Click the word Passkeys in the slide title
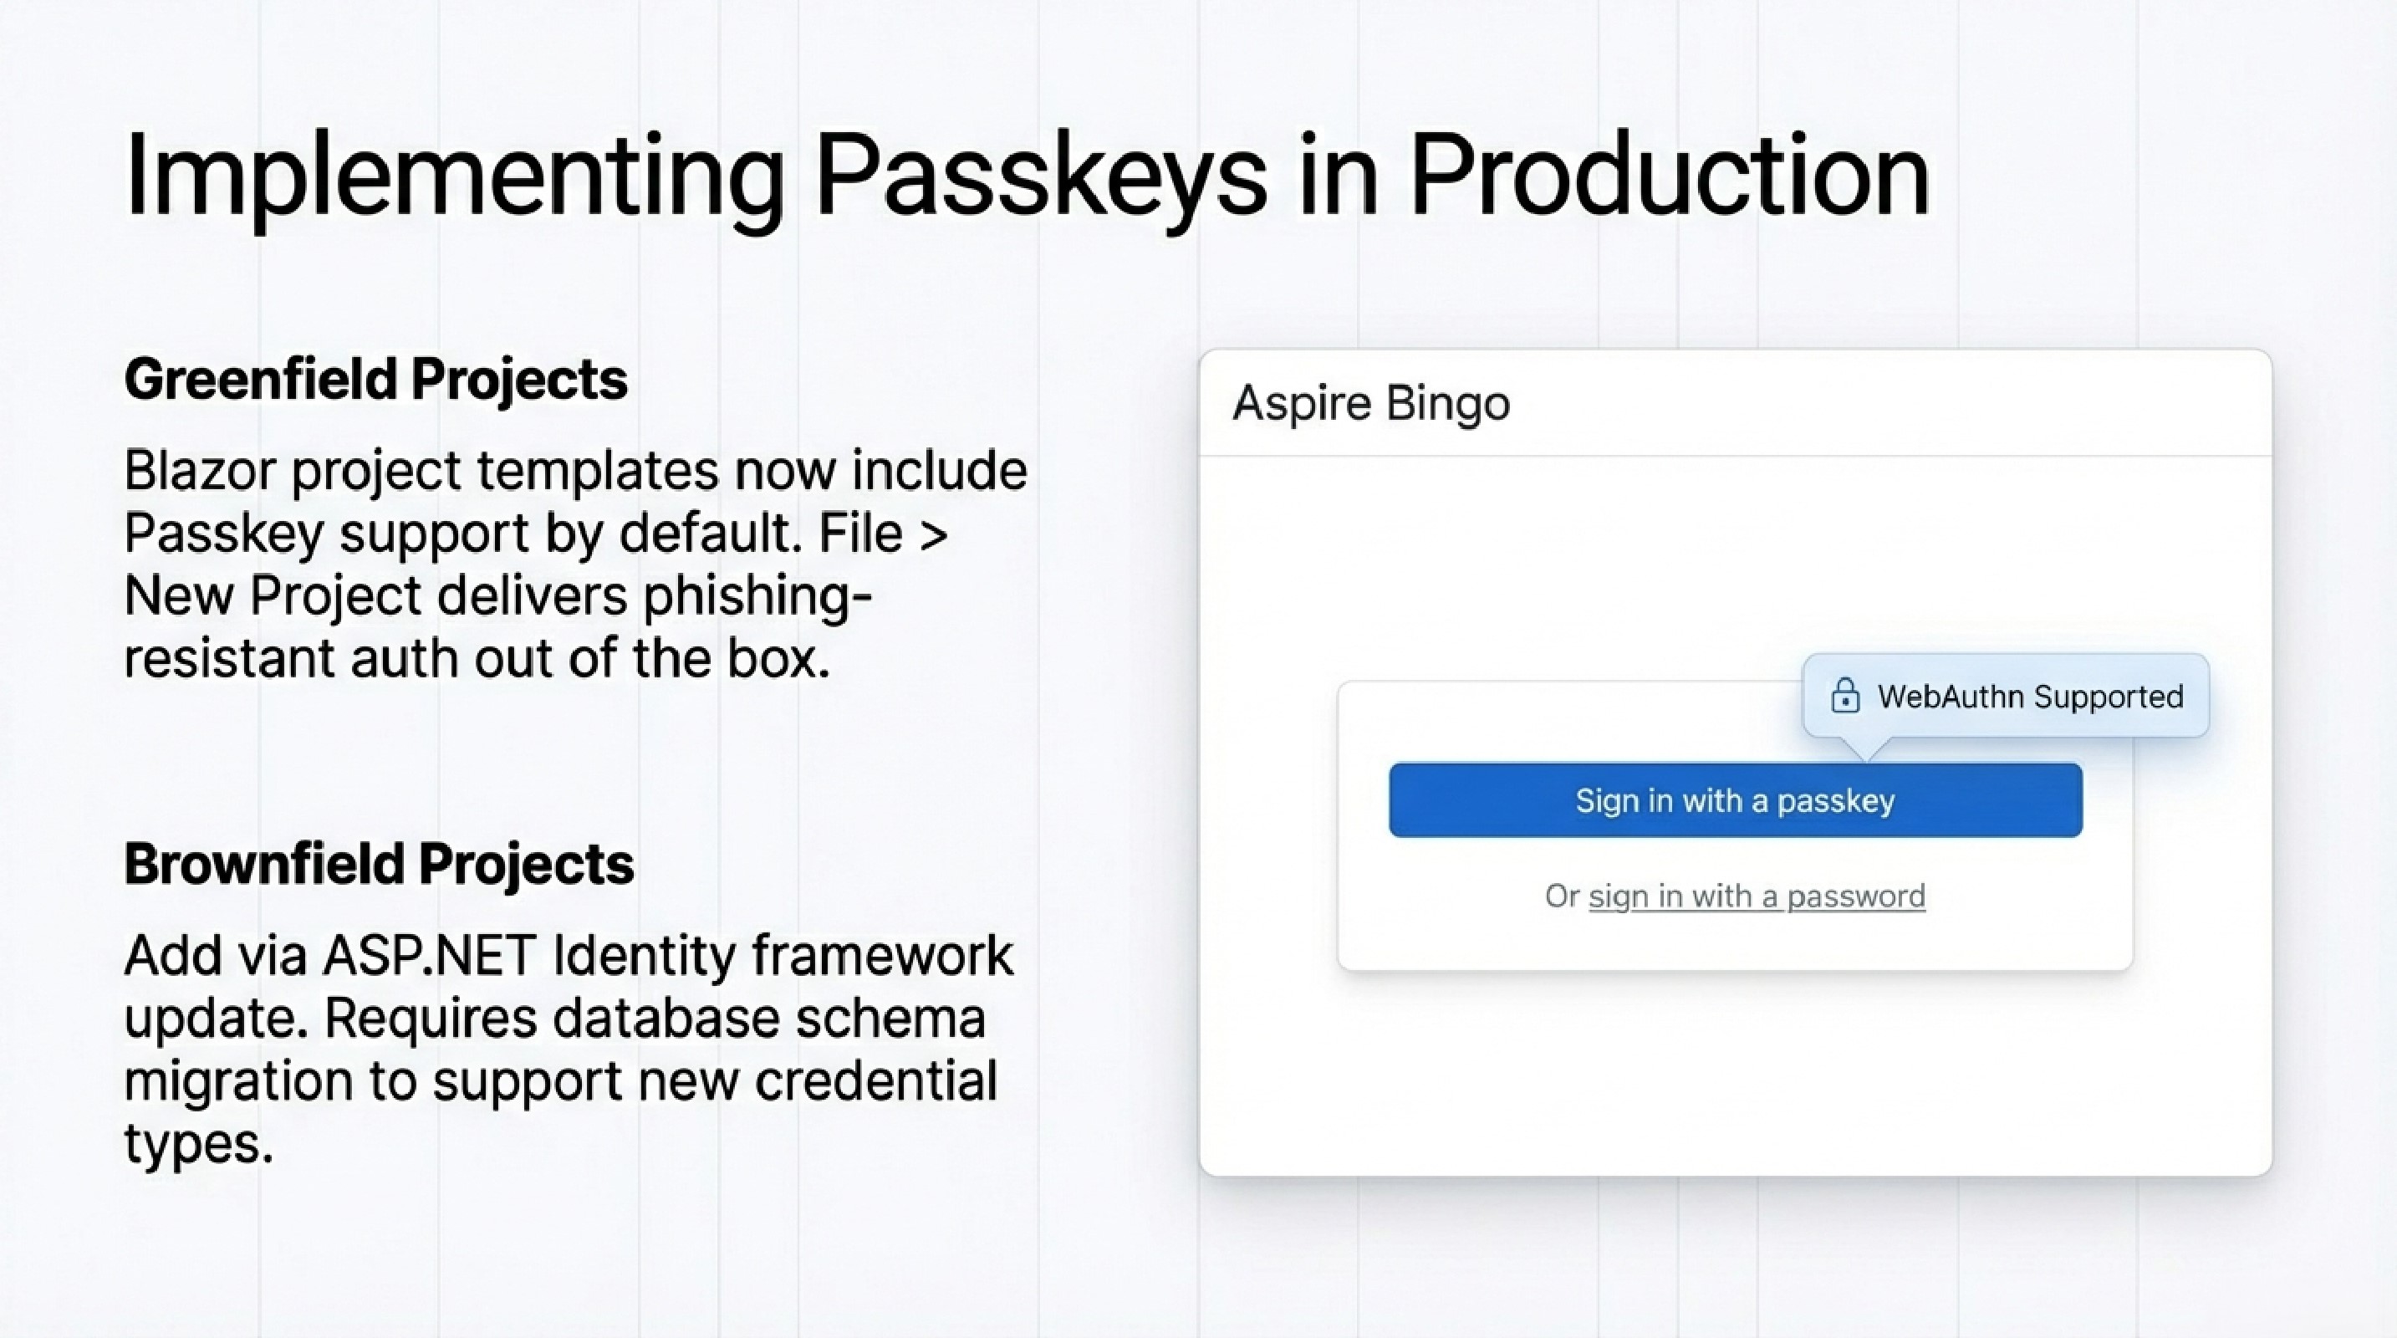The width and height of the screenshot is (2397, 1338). click(x=1040, y=176)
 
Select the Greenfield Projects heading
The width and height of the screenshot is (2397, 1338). click(x=376, y=380)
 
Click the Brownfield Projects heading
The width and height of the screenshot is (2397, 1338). click(x=380, y=865)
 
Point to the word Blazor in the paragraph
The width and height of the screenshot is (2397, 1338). click(x=199, y=471)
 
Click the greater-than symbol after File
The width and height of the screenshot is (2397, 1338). click(x=933, y=534)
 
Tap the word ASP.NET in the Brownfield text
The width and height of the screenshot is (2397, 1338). click(x=430, y=956)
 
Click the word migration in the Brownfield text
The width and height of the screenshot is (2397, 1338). click(x=238, y=1081)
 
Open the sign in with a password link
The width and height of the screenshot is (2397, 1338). click(x=1757, y=896)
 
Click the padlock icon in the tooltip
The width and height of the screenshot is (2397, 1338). click(x=1845, y=696)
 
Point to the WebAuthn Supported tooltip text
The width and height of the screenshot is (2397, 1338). click(x=2030, y=697)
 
